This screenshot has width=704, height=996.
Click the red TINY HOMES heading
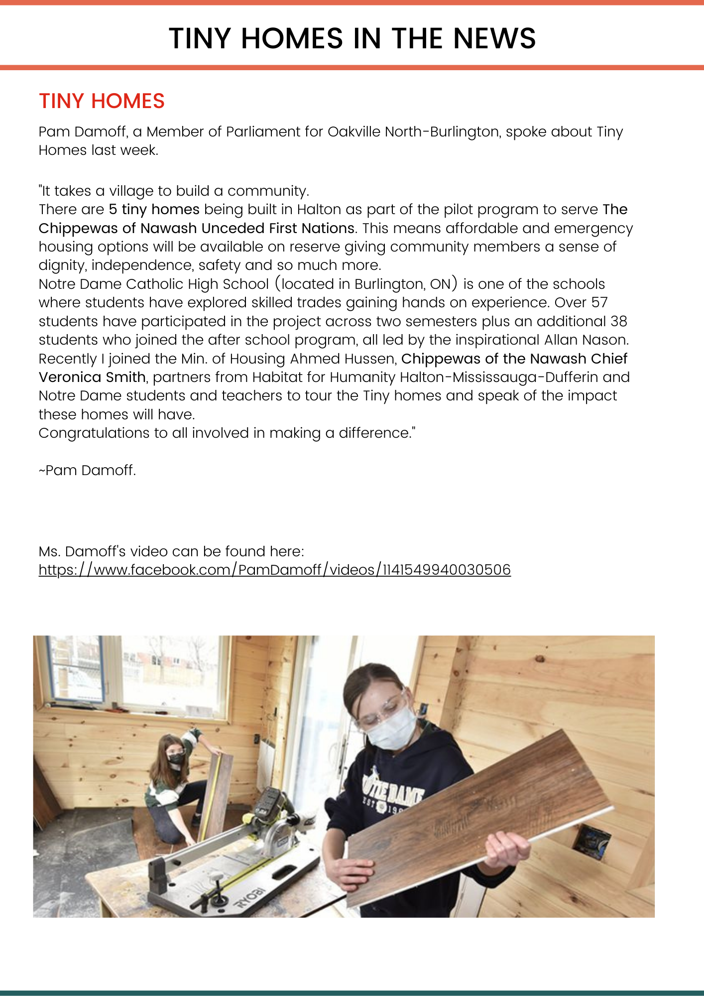coord(102,101)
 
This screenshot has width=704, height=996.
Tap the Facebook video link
coord(274,570)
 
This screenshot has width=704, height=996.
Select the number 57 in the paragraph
coord(599,303)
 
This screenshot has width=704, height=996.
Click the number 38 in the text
coord(619,321)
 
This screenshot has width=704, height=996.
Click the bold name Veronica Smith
coord(92,377)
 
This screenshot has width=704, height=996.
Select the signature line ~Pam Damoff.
coord(87,471)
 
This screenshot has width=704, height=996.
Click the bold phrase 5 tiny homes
coord(154,210)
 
